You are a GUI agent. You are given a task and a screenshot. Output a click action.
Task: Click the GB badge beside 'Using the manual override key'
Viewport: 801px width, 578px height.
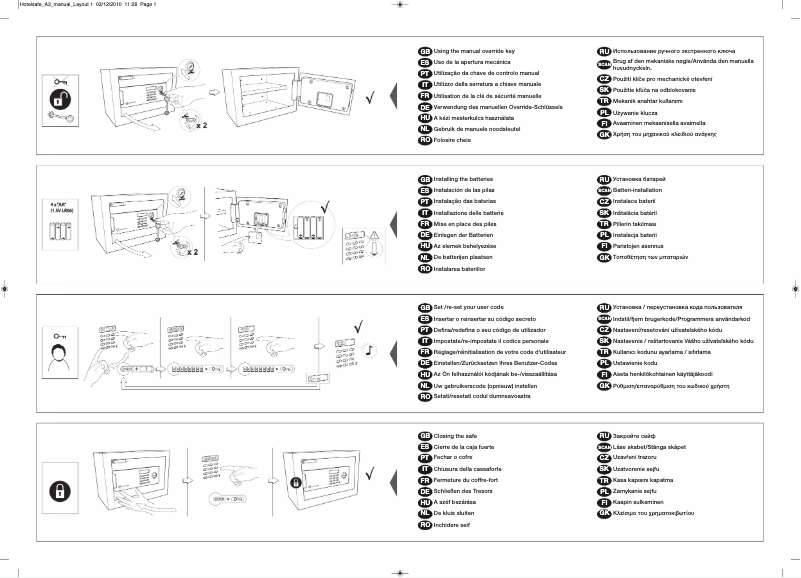coord(424,50)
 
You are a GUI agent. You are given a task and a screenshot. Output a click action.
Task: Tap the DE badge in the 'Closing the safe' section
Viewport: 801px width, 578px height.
coord(424,491)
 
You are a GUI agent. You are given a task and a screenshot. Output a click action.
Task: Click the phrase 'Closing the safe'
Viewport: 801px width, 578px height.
coord(457,436)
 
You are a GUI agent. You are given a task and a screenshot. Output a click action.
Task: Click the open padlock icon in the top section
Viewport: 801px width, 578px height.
coord(61,100)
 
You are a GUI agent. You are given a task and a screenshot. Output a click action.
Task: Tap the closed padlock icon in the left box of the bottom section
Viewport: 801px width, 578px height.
coord(61,491)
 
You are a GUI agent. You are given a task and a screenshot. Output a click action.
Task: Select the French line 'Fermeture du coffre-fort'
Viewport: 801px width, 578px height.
coord(471,481)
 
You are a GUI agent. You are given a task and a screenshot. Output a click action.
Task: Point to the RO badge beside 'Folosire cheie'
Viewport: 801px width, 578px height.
coord(424,142)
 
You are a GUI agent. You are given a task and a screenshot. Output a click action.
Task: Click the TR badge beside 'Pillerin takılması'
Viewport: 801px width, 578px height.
coord(603,225)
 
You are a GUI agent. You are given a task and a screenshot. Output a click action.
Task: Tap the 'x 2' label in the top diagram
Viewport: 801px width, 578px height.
coord(201,127)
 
